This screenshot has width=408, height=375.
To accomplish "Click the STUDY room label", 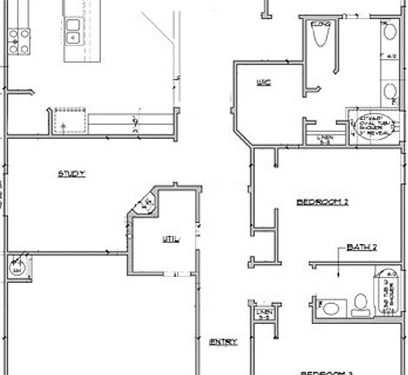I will pyautogui.click(x=71, y=174).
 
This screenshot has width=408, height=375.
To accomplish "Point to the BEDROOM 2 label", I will pyautogui.click(x=322, y=201).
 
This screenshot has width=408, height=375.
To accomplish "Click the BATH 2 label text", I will pyautogui.click(x=362, y=247).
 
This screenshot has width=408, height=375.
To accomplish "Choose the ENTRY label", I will pyautogui.click(x=224, y=342).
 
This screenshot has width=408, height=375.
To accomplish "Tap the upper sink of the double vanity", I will pyautogui.click(x=385, y=35).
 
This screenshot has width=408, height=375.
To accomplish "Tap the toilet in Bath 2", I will pyautogui.click(x=331, y=306).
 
